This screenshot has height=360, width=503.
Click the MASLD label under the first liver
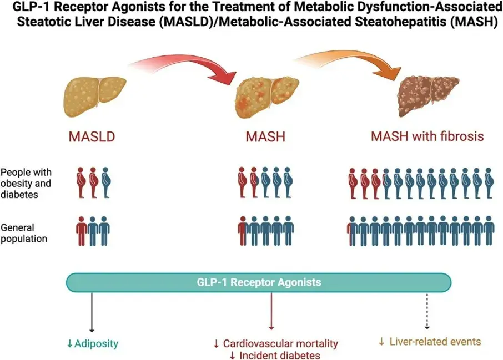pos(93,137)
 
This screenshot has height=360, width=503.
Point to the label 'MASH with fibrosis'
pos(427,136)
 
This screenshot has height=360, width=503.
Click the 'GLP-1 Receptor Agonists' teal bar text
pos(259,282)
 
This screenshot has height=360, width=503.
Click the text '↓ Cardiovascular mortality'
pos(275,344)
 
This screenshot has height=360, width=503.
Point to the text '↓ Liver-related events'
pos(429,342)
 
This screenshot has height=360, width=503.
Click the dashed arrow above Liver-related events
pos(427,311)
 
